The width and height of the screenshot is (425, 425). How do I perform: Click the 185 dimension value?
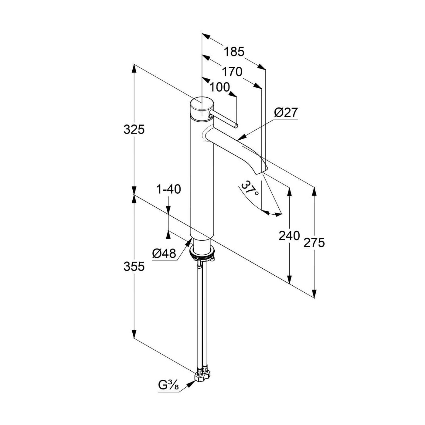[x=234, y=52]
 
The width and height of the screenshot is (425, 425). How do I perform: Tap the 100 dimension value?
[x=220, y=87]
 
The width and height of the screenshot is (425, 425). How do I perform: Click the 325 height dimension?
[x=134, y=129]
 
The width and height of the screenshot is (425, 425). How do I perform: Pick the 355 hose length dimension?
[x=134, y=266]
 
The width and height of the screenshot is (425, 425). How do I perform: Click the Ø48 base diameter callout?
[x=164, y=253]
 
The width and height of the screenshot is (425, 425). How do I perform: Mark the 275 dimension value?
[x=314, y=243]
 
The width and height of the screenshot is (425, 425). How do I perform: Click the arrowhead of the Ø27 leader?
[x=241, y=138]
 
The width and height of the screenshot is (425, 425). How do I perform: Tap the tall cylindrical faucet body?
[x=202, y=176]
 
